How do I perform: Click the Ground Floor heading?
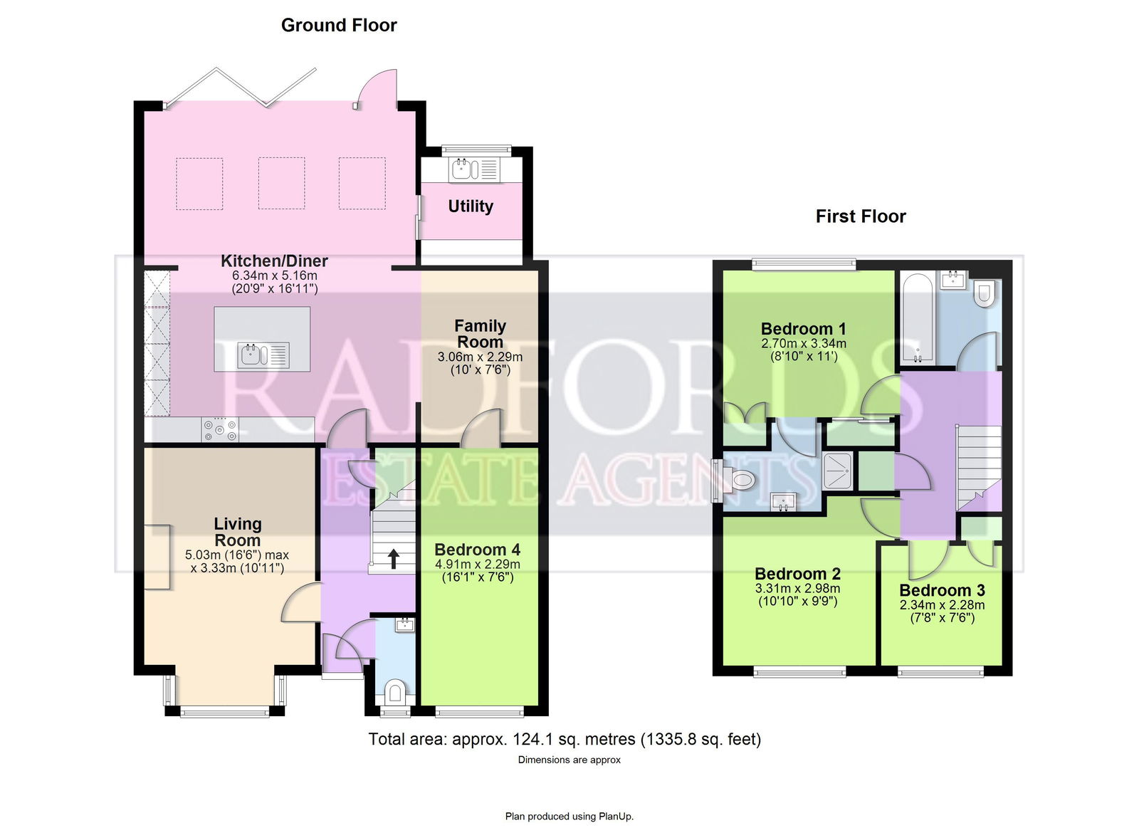(339, 26)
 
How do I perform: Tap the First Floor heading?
(861, 216)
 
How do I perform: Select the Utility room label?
(471, 206)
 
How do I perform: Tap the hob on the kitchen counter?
(220, 430)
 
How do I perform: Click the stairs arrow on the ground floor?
(394, 558)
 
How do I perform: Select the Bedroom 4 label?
(478, 550)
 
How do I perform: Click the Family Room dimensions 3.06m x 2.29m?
(480, 357)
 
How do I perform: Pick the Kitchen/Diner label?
(274, 261)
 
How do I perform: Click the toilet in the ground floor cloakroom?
(395, 693)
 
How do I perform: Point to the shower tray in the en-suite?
(837, 471)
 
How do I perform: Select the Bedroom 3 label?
(943, 590)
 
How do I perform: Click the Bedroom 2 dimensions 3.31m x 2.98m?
(797, 589)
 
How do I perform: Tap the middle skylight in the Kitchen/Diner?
(282, 183)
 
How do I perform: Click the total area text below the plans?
(565, 739)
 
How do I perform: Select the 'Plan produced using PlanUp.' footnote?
(569, 817)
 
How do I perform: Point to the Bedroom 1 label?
(804, 328)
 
